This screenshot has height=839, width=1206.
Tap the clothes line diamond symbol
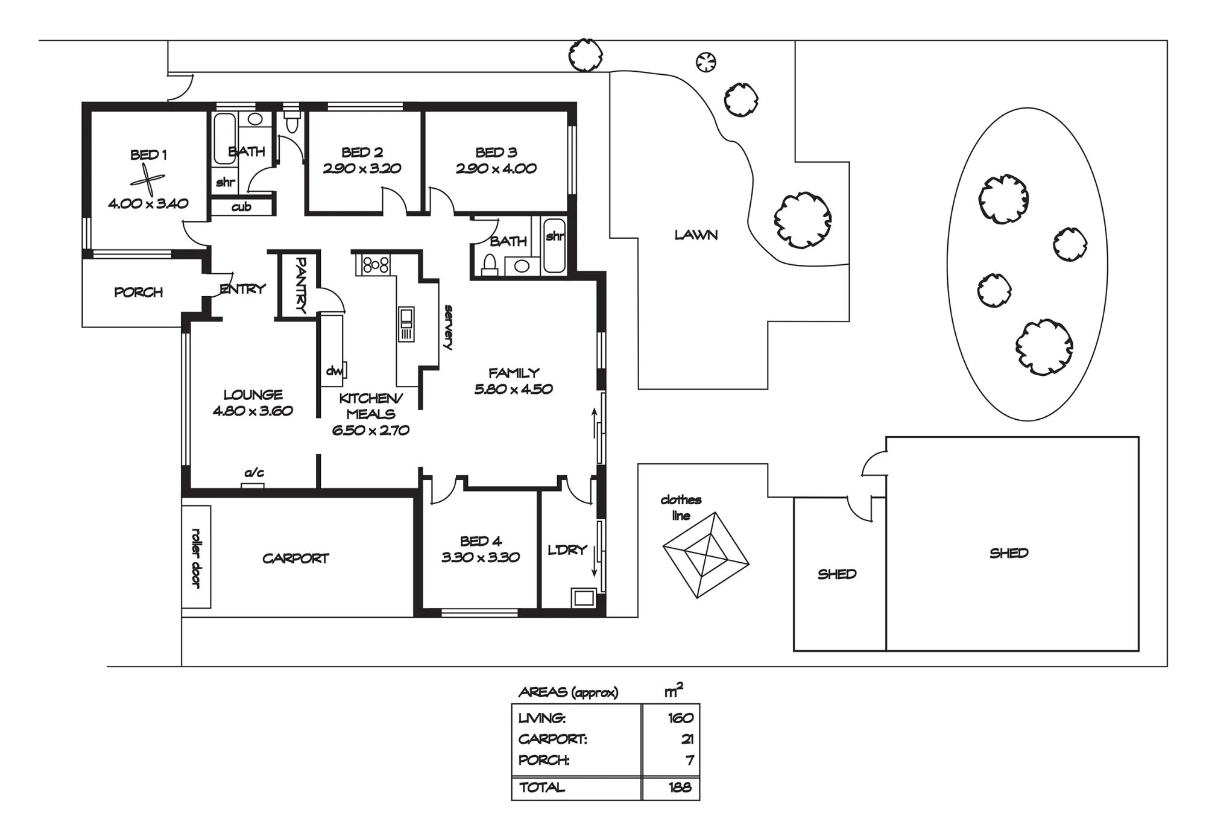point(706,555)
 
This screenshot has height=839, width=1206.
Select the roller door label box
point(197,557)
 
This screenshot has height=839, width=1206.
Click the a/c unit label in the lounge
point(254,473)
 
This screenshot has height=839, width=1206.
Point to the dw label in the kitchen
point(334,370)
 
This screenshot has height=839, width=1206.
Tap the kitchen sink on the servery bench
point(406,324)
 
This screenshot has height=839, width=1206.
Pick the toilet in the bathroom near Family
point(490,265)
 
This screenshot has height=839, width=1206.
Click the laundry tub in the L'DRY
point(584,597)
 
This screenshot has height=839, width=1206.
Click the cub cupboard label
point(241,207)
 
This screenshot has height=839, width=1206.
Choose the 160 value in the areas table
point(681,718)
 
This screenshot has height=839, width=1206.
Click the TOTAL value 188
point(680,787)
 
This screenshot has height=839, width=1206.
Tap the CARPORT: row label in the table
point(552,739)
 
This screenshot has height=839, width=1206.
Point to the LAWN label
point(696,235)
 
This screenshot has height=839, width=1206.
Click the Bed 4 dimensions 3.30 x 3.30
point(481,557)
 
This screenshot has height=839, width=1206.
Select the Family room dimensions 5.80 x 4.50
point(513,389)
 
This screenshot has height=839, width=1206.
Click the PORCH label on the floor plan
point(139,293)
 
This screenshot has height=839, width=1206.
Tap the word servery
point(448,328)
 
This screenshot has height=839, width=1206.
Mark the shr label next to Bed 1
point(226,182)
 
